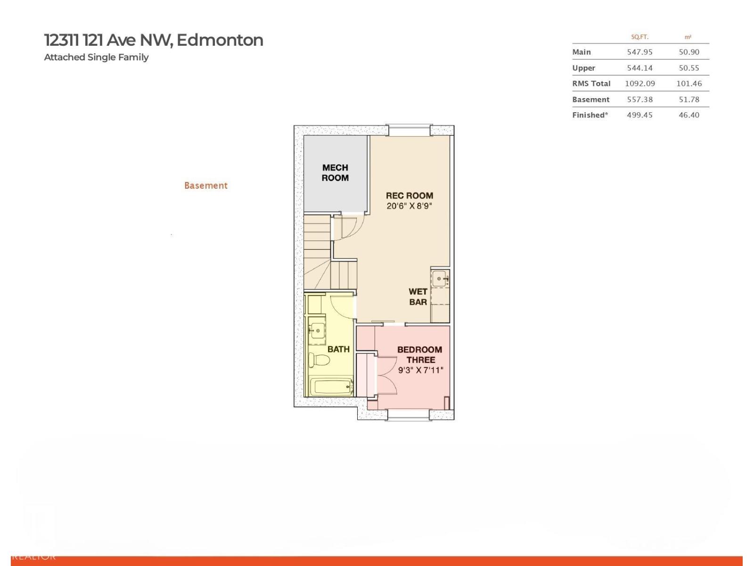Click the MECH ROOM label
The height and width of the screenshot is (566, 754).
click(335, 173)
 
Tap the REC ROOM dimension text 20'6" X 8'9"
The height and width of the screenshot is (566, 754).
click(409, 206)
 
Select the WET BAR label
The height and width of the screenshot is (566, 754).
click(418, 297)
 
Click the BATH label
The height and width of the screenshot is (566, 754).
click(338, 349)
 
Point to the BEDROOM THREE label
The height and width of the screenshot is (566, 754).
click(419, 354)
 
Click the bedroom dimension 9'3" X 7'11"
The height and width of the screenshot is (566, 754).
click(420, 370)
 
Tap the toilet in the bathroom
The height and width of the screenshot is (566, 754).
click(319, 360)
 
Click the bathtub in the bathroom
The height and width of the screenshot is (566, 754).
click(331, 387)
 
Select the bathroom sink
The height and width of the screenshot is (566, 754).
click(317, 330)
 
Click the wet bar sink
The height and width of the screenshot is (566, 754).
click(440, 278)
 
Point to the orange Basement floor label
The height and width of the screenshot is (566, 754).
click(206, 185)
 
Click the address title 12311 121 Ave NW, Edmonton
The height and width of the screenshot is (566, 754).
click(154, 40)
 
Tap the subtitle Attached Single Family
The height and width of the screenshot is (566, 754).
click(96, 57)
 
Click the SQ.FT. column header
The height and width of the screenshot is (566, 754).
click(639, 37)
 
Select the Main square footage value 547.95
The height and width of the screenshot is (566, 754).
click(639, 52)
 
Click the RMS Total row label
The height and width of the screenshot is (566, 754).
click(591, 83)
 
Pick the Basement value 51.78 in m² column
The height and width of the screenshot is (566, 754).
click(688, 100)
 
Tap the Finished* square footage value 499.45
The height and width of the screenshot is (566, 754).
click(639, 115)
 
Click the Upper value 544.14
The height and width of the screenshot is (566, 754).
click(639, 68)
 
